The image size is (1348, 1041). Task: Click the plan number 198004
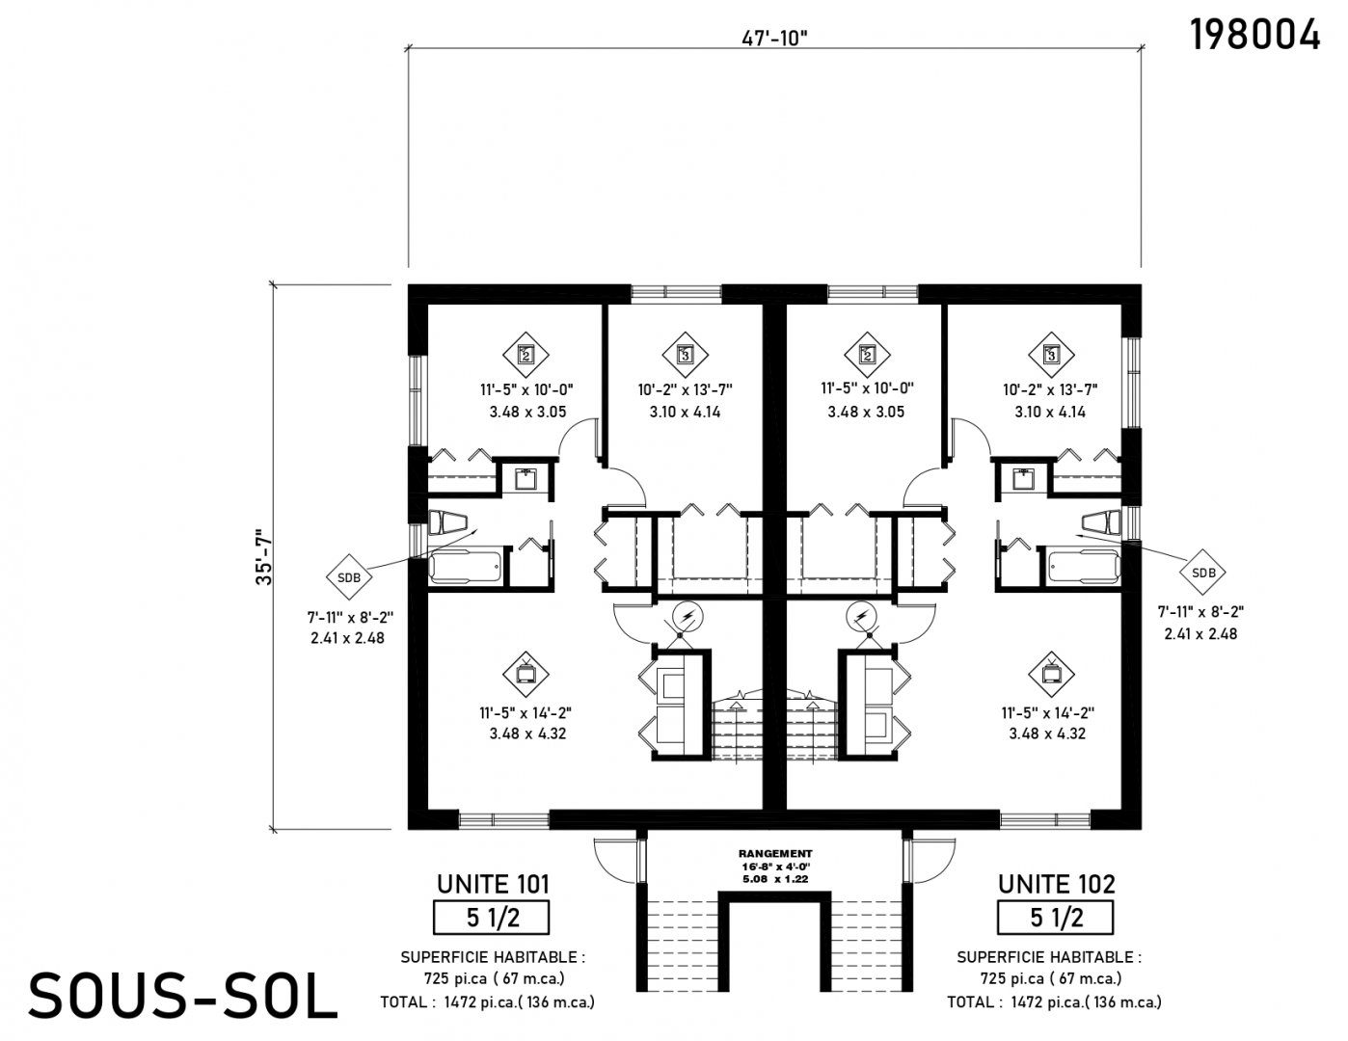1254,35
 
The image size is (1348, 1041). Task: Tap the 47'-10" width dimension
774,39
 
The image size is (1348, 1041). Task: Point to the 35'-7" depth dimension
263,556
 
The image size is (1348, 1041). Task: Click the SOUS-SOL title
183,996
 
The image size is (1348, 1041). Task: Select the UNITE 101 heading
493,884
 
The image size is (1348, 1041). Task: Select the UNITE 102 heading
1056,884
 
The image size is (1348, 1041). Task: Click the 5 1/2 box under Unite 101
492,918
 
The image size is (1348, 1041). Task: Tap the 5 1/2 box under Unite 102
1055,918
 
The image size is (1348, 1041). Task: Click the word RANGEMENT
775,854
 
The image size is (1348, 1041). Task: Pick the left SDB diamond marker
349,577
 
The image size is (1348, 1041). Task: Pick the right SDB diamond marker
1203,573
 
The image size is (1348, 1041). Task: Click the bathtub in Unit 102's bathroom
1085,565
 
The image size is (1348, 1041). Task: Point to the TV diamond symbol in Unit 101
526,674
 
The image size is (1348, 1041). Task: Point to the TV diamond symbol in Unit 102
1051,674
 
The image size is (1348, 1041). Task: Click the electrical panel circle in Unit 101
687,617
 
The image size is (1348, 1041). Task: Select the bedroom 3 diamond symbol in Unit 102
1051,356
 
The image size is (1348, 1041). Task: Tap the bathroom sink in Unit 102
1023,478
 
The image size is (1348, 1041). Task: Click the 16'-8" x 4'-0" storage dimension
775,867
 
